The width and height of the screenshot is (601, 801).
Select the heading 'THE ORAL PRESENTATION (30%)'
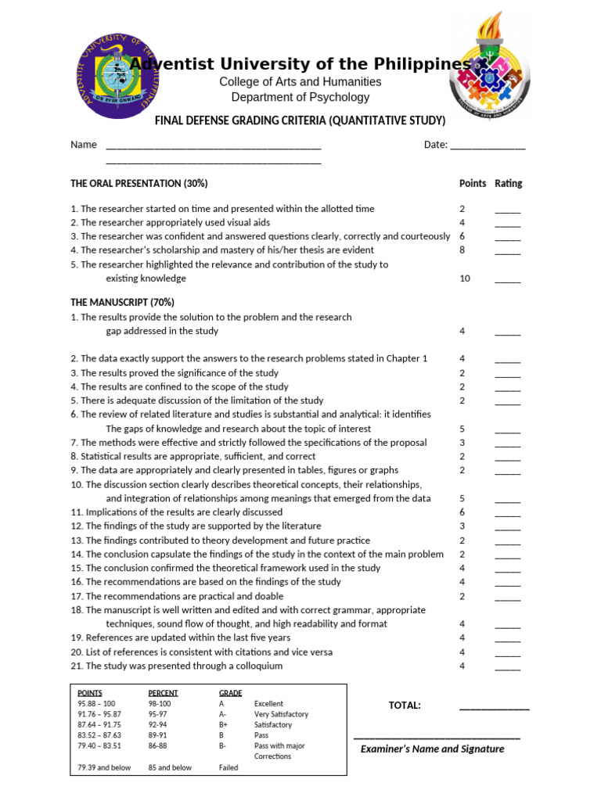pos(139,183)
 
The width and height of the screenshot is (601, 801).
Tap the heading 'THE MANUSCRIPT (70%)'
pos(122,302)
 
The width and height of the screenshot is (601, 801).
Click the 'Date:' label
pos(436,145)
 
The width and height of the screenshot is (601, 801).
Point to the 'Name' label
pos(84,145)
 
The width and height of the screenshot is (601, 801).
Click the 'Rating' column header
pos(508,183)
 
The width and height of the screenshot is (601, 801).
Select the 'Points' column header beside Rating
pos(472,183)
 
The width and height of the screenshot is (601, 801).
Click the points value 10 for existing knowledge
pos(465,278)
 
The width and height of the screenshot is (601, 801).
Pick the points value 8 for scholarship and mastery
pos(462,250)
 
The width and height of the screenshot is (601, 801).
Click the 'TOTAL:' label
pos(405,706)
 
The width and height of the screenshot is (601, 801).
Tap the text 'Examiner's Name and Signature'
pos(432,749)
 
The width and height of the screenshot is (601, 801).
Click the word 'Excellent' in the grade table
pos(268,704)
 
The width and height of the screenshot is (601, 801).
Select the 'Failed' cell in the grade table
pos(229,768)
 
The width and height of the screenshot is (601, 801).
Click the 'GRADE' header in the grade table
pos(230,693)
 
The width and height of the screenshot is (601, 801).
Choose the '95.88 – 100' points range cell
pos(96,704)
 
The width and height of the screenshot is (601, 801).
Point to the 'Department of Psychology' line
pos(300,98)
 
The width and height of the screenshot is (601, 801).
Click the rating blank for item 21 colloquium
pos(507,666)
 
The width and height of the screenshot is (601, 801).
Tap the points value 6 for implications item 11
pos(462,512)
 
